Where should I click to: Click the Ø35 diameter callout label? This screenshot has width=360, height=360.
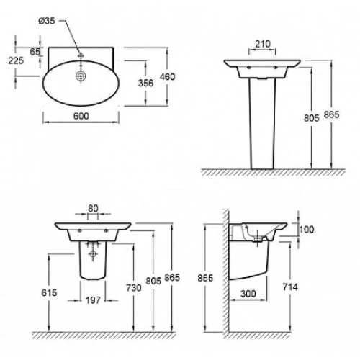(47, 21)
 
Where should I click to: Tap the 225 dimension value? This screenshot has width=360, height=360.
(16, 60)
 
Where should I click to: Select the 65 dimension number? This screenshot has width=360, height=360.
(35, 52)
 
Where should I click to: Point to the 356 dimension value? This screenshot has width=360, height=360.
(145, 83)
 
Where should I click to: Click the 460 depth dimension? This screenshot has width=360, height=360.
(168, 77)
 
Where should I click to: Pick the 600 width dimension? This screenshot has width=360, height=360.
(81, 116)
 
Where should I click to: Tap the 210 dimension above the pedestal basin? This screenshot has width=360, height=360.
(263, 44)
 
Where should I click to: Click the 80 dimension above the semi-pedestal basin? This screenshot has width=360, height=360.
(93, 208)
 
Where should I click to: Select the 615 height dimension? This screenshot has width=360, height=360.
(49, 292)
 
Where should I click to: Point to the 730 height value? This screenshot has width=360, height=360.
(134, 287)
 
